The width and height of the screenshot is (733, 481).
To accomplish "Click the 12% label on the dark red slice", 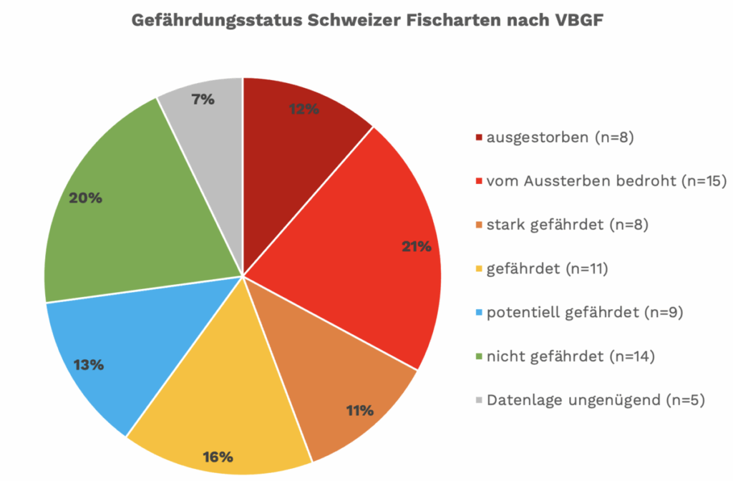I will [304, 109].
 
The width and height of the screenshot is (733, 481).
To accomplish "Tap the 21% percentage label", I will [416, 246].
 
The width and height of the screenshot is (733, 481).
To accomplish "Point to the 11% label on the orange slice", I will [359, 410].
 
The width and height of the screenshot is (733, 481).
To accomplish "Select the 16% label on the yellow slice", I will [218, 456].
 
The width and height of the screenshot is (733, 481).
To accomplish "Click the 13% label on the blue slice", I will [89, 364].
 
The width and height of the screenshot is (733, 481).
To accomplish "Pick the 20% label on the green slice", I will [85, 198].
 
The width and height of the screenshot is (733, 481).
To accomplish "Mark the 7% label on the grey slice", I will [203, 99].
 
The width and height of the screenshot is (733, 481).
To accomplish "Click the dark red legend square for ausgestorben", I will [478, 137].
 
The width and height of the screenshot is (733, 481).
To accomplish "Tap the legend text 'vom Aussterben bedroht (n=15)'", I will [591, 181].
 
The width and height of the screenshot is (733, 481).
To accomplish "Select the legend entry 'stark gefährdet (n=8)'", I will [567, 225].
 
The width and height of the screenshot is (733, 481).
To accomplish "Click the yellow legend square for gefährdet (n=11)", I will [478, 269].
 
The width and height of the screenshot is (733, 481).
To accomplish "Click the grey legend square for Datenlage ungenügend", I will [478, 400].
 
